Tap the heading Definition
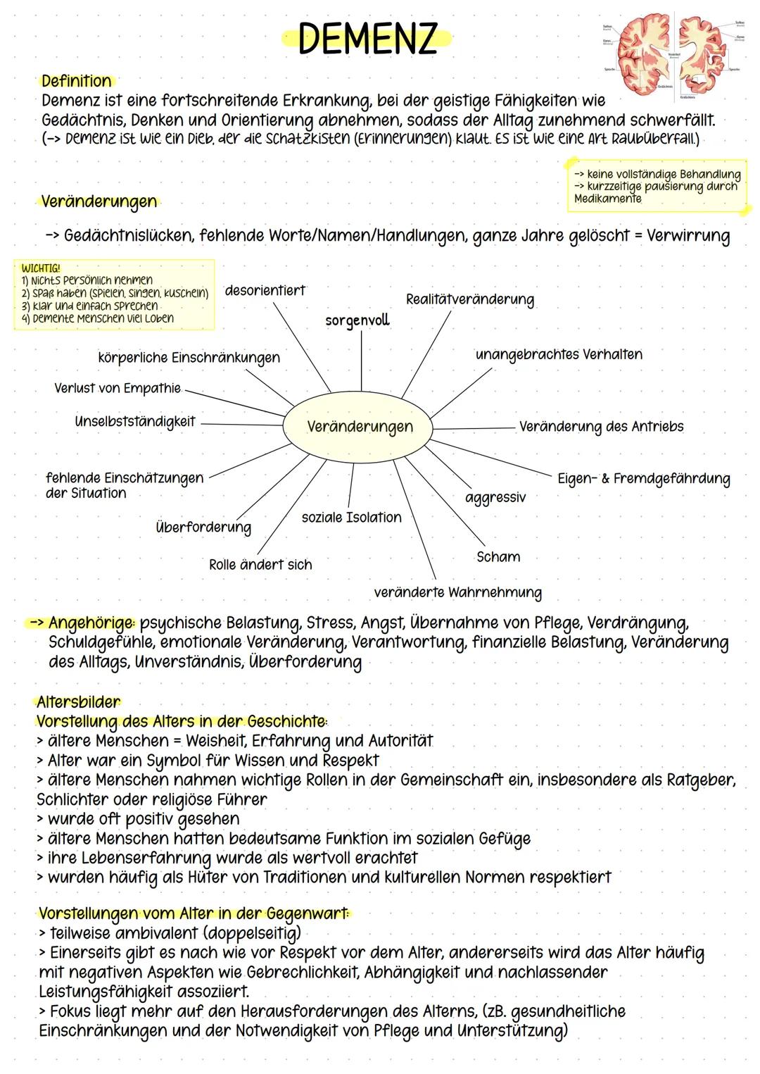76,81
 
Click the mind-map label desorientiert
265,290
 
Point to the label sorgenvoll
357,320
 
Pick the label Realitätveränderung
469,299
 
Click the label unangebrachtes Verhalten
559,354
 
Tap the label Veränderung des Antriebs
601,427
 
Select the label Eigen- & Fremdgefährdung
643,479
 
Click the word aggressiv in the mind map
495,498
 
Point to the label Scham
498,557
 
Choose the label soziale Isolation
351,518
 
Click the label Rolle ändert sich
260,565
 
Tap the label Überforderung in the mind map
203,527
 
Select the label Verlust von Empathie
118,389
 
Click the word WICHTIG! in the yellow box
41,268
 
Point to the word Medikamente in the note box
607,199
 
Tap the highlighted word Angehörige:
91,623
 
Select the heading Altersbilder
78,702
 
